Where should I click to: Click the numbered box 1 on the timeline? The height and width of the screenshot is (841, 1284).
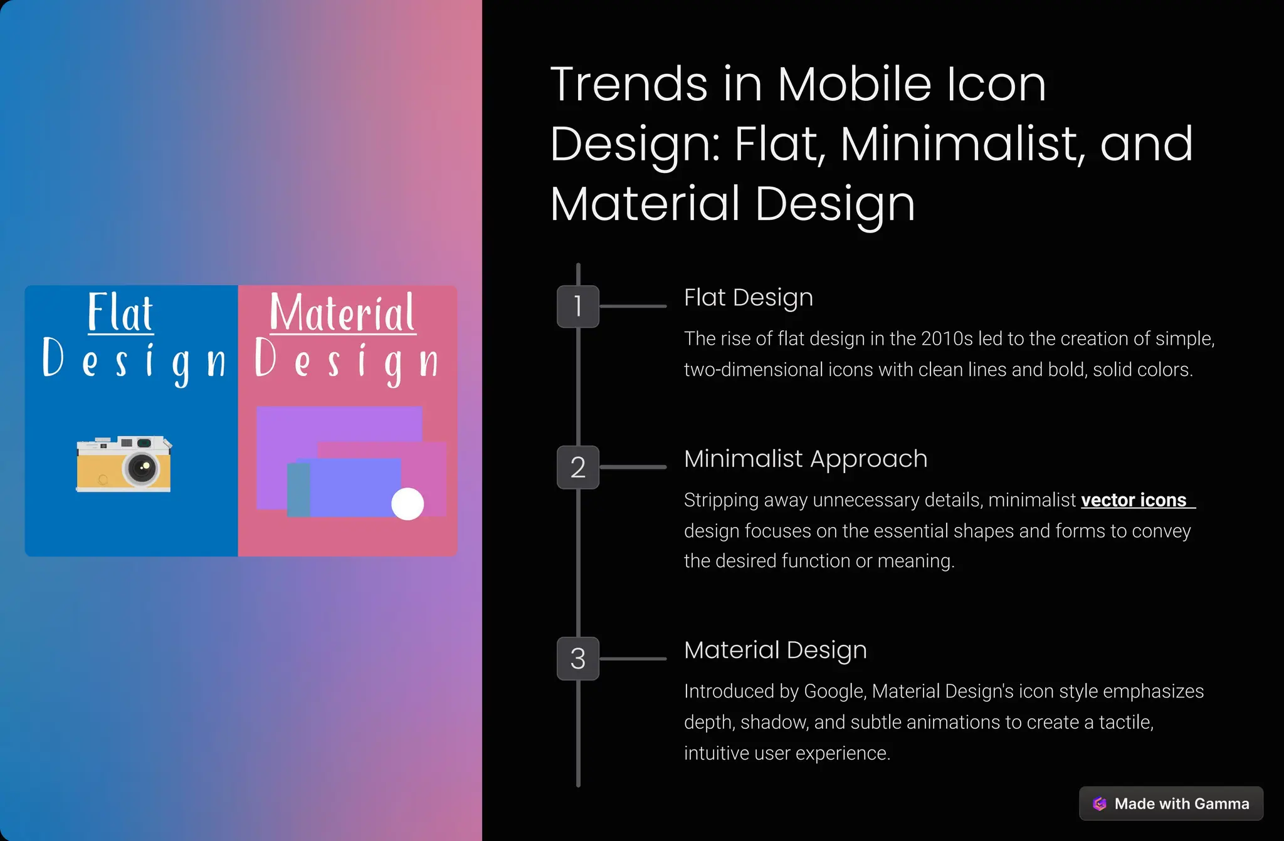577,306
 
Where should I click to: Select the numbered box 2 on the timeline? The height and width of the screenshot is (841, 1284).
577,468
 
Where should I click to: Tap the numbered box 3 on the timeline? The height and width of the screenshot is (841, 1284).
577,659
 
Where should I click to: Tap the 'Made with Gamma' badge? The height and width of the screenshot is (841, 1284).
1171,803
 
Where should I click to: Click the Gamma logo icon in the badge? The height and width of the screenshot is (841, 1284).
1100,803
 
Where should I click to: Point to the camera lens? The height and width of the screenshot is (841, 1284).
142,467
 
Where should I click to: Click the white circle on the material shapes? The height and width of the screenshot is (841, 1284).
408,504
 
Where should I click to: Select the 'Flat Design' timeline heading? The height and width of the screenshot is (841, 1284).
749,298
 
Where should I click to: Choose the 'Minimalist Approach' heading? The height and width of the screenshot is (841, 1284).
806,459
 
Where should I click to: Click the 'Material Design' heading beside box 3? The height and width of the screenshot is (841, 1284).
776,650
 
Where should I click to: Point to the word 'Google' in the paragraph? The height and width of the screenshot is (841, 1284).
834,691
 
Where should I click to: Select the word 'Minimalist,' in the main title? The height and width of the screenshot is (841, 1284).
962,144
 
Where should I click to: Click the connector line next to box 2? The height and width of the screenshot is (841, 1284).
633,468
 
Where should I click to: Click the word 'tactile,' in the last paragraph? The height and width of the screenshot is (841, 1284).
1126,723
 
